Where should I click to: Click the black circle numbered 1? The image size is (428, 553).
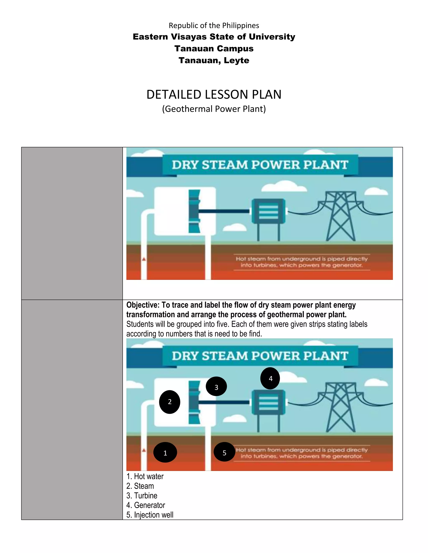pos(165,452)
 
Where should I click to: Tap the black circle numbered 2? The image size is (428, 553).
pos(170,402)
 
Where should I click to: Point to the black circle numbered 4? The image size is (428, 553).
pos(270,378)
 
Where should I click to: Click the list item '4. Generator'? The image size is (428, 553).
pos(146,505)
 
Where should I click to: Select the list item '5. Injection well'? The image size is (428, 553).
pos(150,515)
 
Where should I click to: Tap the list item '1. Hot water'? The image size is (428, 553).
pos(145,476)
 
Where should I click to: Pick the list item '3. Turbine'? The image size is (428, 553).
pos(142,496)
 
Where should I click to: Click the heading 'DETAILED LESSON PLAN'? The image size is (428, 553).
pos(214,95)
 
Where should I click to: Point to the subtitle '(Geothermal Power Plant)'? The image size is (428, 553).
pos(214,109)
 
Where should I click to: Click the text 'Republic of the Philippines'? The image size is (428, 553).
pos(214,26)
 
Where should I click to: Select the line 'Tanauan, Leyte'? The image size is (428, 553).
pos(214,61)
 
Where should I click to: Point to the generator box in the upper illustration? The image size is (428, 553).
pos(269,211)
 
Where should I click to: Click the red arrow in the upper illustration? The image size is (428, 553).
pos(144,259)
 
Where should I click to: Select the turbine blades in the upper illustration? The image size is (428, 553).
pos(194,211)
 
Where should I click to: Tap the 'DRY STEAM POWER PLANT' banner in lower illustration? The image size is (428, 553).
pos(260,356)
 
